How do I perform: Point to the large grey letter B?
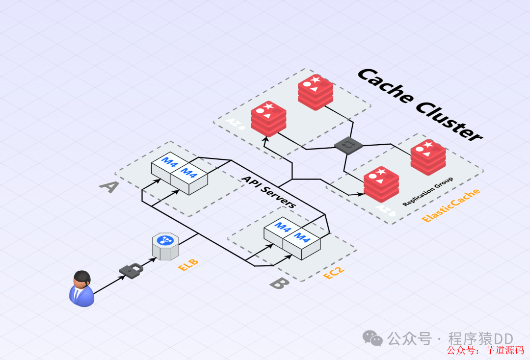(x=279, y=283)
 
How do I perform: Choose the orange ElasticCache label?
(x=450, y=205)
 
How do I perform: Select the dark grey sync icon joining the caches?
(x=348, y=145)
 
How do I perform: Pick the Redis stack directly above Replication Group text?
(x=428, y=157)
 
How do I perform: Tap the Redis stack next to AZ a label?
(x=268, y=118)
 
